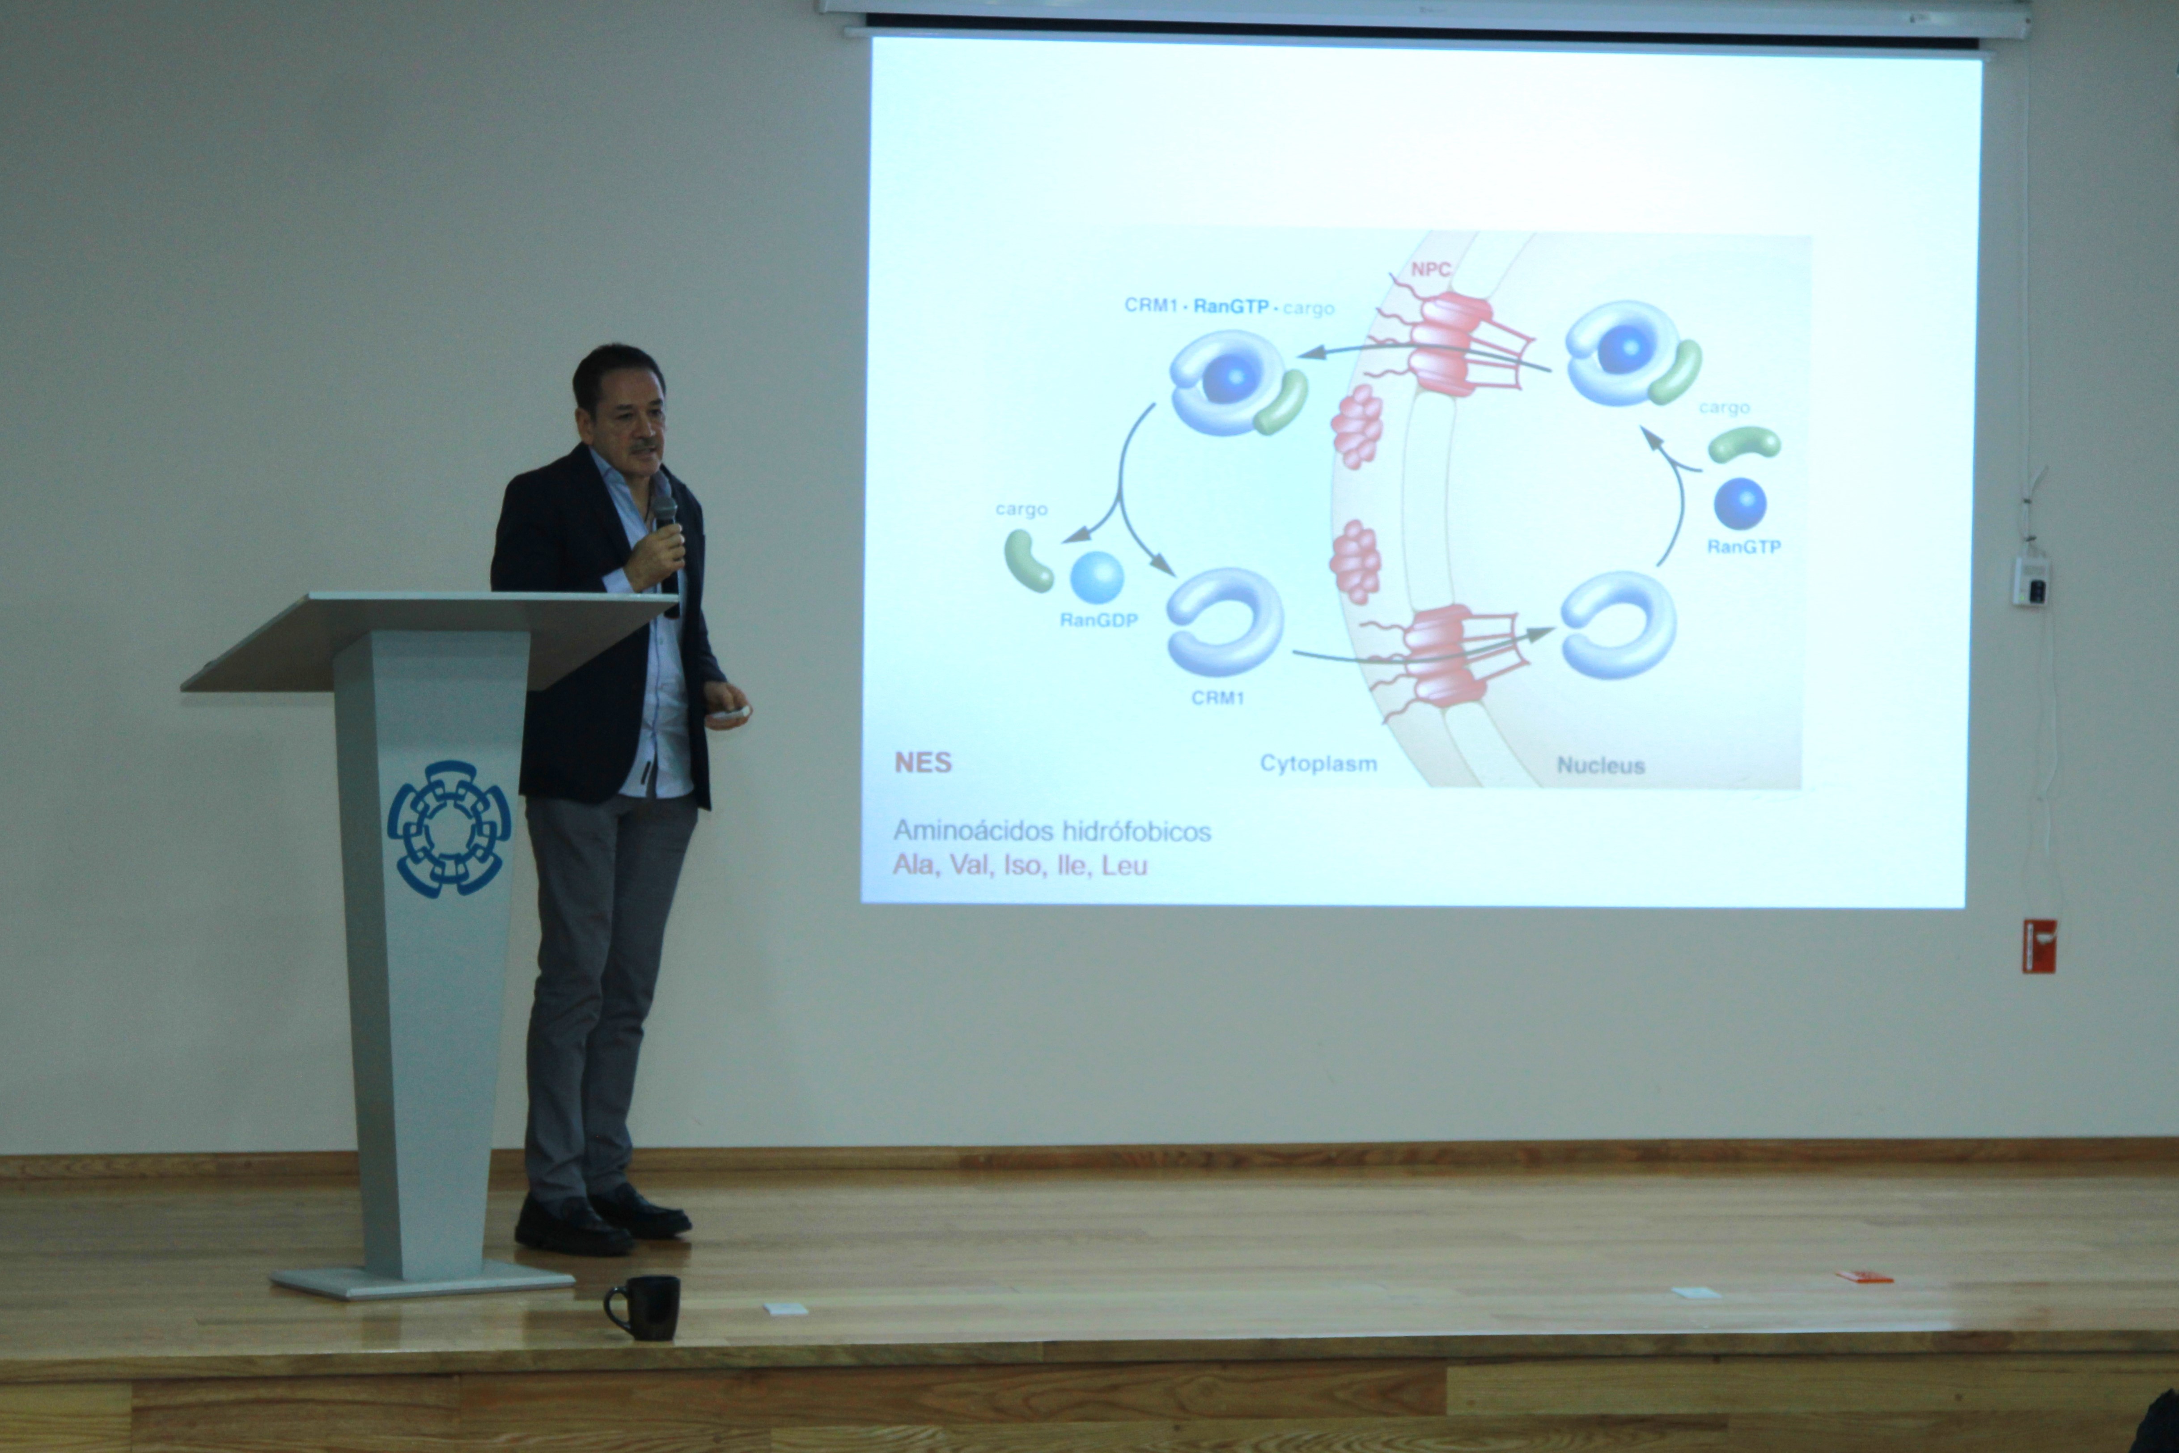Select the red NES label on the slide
[923, 763]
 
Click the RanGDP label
[1099, 620]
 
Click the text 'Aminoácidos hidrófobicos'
[1051, 831]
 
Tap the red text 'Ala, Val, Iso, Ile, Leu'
[1020, 866]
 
